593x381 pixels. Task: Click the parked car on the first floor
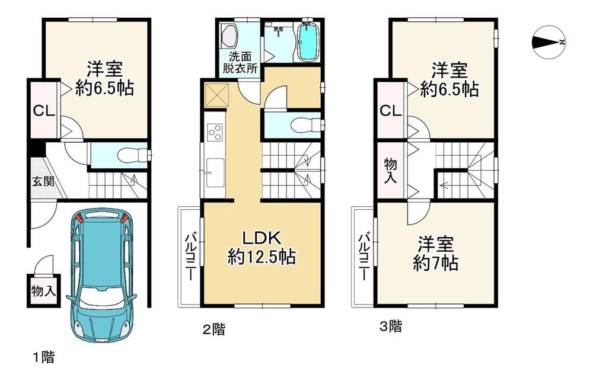(x=101, y=275)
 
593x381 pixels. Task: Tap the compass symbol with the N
(x=549, y=43)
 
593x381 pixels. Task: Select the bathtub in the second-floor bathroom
(x=309, y=41)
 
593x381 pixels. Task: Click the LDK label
(x=262, y=239)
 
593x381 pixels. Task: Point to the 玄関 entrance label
(x=42, y=181)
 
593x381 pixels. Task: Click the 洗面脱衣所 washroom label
(x=240, y=62)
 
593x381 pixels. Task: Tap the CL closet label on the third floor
(x=390, y=111)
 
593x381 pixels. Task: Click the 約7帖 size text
(x=436, y=263)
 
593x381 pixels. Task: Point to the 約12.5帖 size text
(x=262, y=258)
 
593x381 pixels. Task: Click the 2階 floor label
(x=214, y=329)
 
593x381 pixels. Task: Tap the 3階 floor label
(x=391, y=326)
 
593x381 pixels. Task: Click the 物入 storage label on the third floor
(x=391, y=171)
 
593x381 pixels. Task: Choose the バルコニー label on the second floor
(x=190, y=257)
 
